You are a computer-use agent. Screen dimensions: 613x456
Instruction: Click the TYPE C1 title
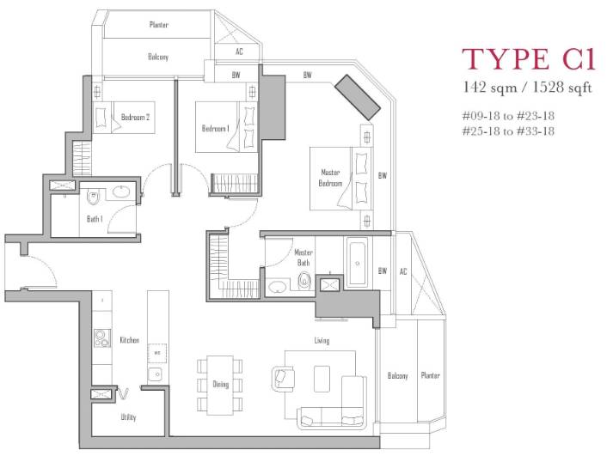click(x=529, y=59)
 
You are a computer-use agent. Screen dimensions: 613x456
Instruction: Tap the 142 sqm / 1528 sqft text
click(x=527, y=87)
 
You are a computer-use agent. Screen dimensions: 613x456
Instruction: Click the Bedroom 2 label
click(x=135, y=117)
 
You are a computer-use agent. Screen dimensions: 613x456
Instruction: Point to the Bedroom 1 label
click(x=216, y=129)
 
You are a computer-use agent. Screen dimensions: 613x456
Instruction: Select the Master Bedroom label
click(x=330, y=178)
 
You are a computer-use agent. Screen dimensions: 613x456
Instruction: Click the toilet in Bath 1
click(x=93, y=198)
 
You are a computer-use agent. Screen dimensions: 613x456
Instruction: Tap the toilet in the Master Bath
click(x=303, y=280)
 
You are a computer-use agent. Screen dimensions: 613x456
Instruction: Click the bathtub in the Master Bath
click(x=358, y=263)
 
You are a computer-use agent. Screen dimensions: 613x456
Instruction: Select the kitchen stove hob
click(x=102, y=338)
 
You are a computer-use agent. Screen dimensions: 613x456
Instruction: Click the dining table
click(x=220, y=385)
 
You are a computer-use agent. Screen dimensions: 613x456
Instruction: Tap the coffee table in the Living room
click(x=322, y=379)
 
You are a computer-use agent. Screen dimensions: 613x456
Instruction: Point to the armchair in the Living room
click(x=283, y=378)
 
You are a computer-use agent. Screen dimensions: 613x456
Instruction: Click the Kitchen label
click(x=130, y=340)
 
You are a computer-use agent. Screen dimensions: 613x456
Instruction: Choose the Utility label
click(x=129, y=417)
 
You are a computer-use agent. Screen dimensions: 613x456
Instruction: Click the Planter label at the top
click(x=159, y=25)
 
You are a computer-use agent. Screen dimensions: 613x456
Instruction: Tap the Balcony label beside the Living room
click(x=397, y=375)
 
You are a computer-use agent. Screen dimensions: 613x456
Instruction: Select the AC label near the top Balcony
click(x=239, y=52)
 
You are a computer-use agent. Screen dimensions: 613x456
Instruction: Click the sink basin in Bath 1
click(x=122, y=192)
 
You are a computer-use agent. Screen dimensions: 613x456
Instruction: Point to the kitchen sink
click(x=157, y=374)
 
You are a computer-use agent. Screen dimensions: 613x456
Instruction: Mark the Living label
click(x=322, y=340)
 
